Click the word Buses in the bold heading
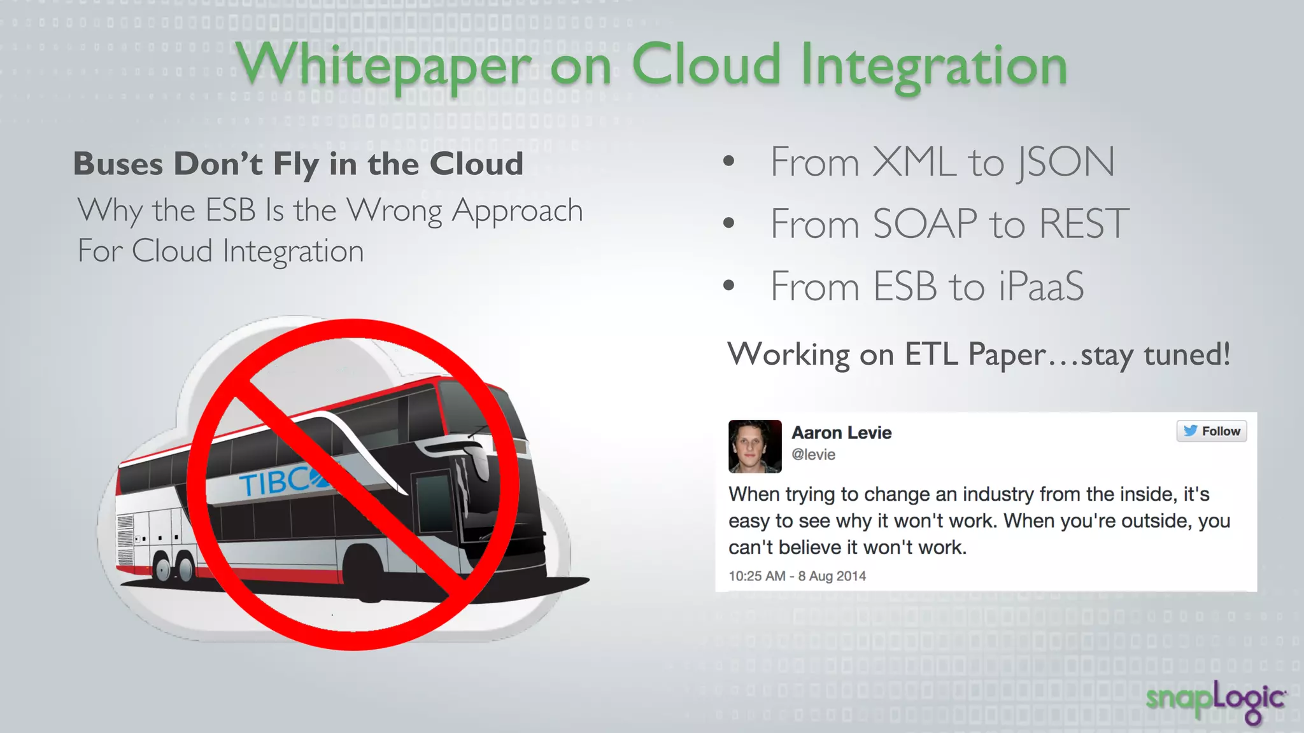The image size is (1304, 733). tap(118, 164)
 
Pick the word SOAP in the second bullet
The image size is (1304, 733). tap(925, 224)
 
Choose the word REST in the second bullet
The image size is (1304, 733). tap(1084, 224)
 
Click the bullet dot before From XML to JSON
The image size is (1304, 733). tap(729, 162)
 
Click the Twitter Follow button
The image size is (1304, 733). tap(1211, 431)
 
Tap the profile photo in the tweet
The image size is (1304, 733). tap(755, 446)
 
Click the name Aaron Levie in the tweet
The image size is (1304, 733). tap(841, 433)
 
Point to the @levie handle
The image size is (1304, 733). tap(813, 455)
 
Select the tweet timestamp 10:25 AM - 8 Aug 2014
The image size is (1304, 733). tap(797, 576)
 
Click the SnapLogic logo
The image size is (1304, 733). tap(1215, 701)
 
